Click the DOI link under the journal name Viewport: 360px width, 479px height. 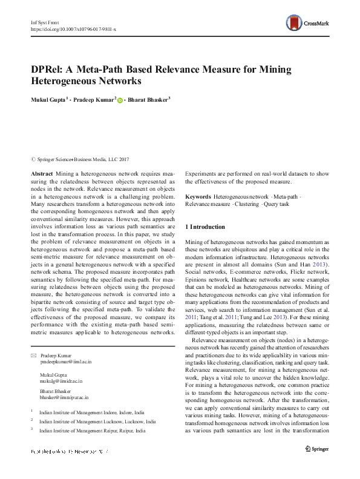[x=73, y=28]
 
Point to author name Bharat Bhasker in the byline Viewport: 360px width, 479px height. [x=148, y=99]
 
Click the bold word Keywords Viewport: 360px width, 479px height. [x=197, y=197]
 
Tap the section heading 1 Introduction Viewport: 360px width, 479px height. [x=209, y=227]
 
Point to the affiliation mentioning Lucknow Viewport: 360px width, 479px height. [x=97, y=421]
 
